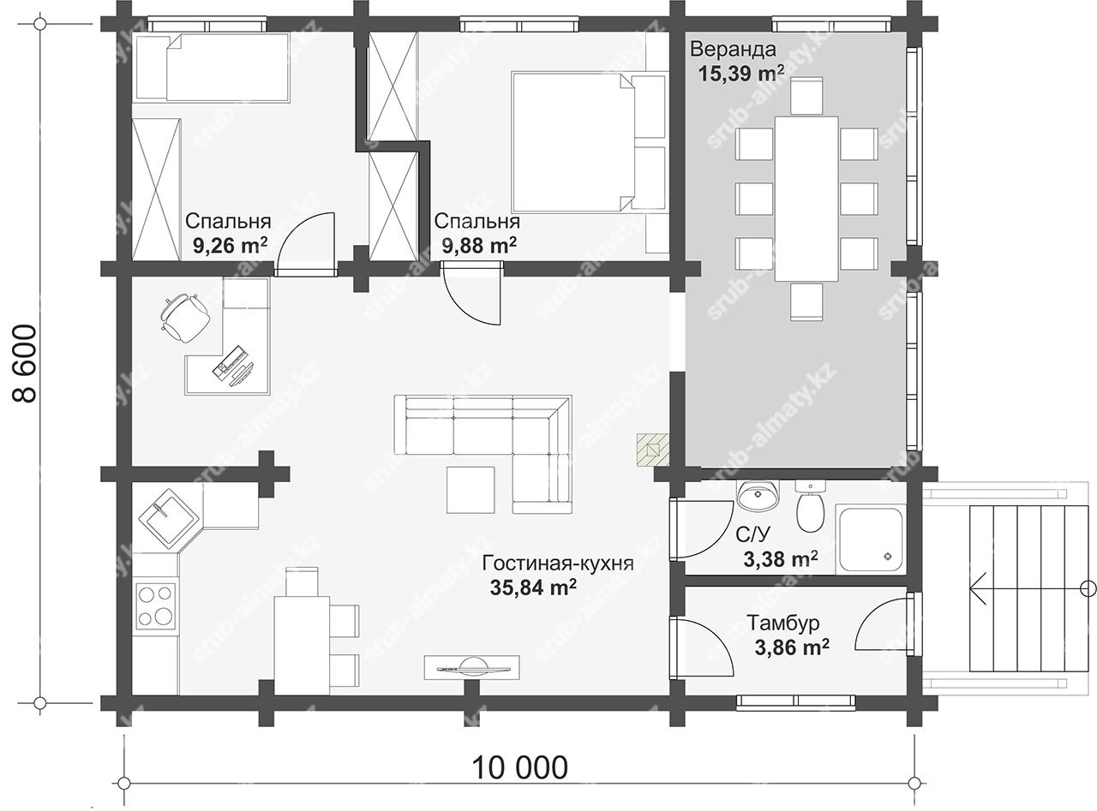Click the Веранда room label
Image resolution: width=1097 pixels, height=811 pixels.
[x=733, y=50]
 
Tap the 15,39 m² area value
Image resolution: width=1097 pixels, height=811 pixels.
[x=740, y=73]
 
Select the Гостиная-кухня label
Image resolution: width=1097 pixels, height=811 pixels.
[x=558, y=563]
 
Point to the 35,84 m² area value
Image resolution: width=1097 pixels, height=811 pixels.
[x=533, y=587]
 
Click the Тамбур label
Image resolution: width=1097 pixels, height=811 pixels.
[x=783, y=623]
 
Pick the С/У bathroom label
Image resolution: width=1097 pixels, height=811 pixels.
[x=753, y=534]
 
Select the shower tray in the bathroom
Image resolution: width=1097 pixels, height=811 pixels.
[x=871, y=539]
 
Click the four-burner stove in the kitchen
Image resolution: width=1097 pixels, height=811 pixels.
[x=156, y=606]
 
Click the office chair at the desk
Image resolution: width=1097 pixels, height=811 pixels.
[x=183, y=317]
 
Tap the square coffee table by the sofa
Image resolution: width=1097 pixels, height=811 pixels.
[x=471, y=490]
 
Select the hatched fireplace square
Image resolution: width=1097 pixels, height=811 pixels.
[x=653, y=450]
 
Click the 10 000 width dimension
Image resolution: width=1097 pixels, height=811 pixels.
[x=520, y=767]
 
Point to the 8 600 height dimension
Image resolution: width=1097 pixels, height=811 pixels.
[x=24, y=364]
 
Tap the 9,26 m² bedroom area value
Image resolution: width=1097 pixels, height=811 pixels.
[x=231, y=245]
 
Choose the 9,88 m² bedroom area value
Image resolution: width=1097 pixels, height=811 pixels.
[x=479, y=245]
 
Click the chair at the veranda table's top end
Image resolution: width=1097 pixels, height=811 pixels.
[x=806, y=95]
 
